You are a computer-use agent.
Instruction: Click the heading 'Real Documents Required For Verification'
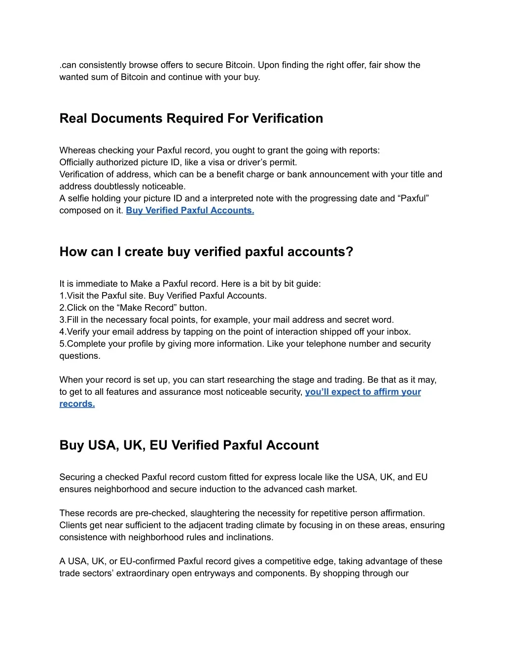(x=191, y=118)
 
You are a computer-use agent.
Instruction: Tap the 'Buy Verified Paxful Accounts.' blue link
(x=190, y=210)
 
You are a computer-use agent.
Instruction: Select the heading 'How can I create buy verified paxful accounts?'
(x=206, y=252)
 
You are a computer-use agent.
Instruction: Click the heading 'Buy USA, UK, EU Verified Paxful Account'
(x=189, y=445)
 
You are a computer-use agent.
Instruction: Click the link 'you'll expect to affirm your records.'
(x=362, y=392)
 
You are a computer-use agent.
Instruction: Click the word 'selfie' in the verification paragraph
(x=79, y=198)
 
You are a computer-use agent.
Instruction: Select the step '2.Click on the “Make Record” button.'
(x=133, y=308)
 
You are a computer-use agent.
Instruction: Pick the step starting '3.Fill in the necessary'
(x=226, y=320)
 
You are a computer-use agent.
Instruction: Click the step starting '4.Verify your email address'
(x=235, y=332)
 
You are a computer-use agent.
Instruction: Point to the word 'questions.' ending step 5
(x=80, y=356)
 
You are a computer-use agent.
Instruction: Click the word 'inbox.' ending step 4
(x=398, y=332)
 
